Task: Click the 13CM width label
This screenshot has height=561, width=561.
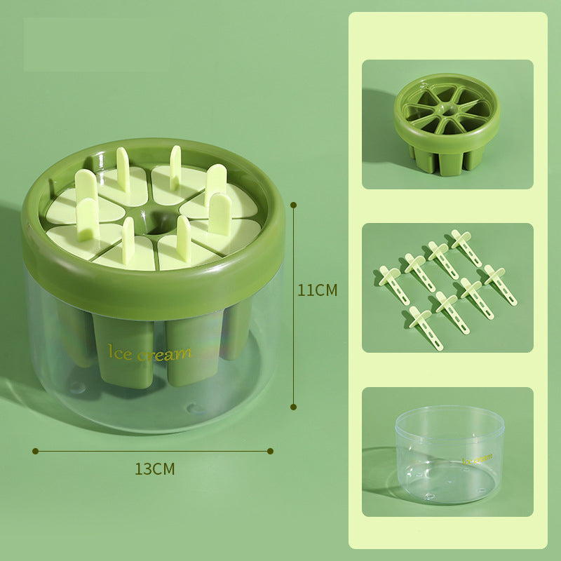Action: tap(154, 469)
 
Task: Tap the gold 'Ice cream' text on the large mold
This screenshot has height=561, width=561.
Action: tap(148, 353)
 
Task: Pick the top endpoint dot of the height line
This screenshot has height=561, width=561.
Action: tap(293, 205)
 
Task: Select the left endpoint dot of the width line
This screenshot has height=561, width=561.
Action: tap(35, 451)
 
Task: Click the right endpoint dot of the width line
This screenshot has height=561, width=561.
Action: tap(271, 451)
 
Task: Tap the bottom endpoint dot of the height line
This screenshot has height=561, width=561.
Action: tap(293, 406)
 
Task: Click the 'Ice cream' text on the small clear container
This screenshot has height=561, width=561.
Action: tap(478, 459)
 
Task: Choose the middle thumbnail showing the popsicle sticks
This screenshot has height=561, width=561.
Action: tap(447, 288)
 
